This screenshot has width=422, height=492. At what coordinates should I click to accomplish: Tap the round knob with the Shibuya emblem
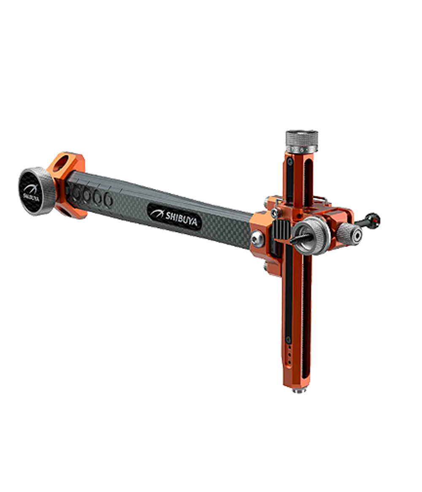point(36,191)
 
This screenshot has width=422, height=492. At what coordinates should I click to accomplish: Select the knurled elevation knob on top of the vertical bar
point(301,138)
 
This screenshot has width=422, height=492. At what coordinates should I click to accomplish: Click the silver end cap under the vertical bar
point(299,390)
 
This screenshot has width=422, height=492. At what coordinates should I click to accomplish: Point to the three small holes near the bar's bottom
point(289,355)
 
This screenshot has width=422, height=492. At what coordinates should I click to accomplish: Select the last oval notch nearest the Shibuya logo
point(108,199)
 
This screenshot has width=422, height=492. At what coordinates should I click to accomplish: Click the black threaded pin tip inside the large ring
point(295,240)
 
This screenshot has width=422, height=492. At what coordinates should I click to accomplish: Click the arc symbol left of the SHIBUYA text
point(157,212)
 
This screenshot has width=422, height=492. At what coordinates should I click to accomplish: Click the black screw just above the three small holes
point(289,339)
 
